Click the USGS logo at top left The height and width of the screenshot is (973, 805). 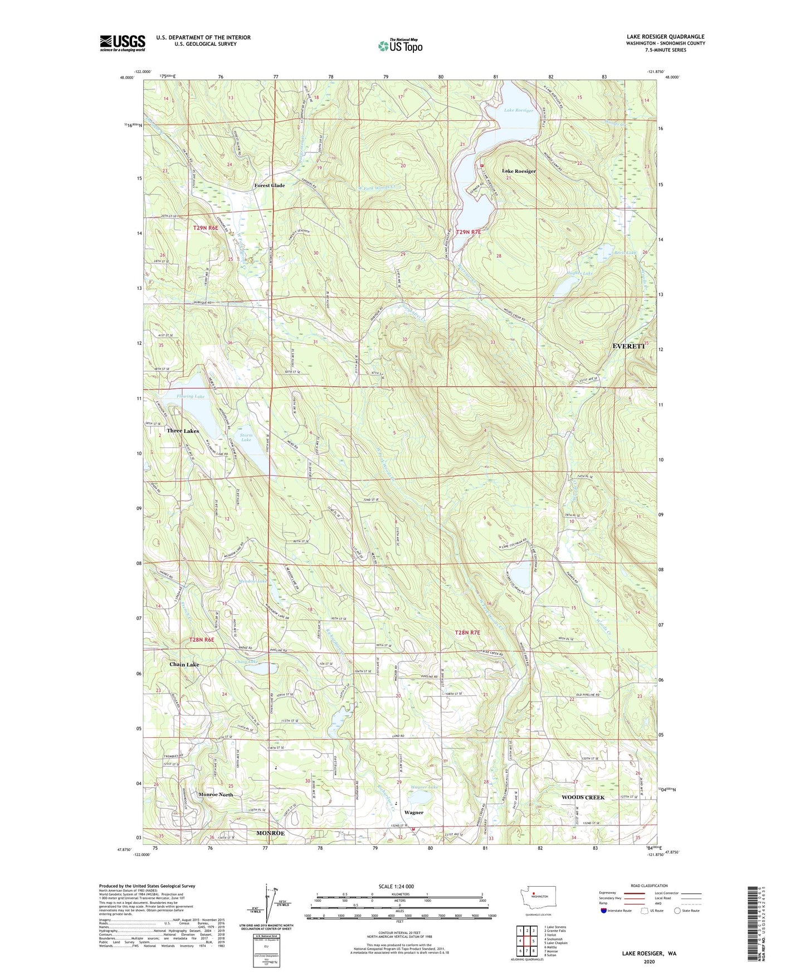click(122, 43)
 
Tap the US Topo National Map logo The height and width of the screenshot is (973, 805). click(400, 45)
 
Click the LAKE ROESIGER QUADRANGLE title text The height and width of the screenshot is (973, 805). click(665, 37)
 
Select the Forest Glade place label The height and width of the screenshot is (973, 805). click(269, 186)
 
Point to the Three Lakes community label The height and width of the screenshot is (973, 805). click(182, 431)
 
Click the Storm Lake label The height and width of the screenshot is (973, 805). click(246, 437)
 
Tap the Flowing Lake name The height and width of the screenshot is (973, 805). click(191, 396)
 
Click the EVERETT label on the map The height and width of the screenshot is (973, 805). click(628, 346)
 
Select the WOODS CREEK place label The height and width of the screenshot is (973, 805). click(583, 797)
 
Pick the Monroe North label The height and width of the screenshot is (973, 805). click(216, 794)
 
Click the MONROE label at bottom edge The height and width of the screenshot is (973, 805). click(270, 833)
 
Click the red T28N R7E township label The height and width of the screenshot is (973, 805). click(467, 633)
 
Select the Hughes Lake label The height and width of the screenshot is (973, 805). click(579, 274)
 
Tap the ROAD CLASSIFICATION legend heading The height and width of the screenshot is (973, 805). click(649, 886)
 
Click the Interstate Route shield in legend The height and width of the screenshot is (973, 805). click(604, 911)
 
